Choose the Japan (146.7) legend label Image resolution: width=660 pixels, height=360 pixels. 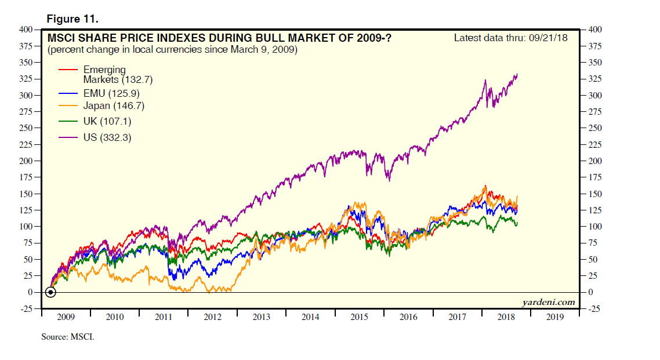pyautogui.click(x=114, y=106)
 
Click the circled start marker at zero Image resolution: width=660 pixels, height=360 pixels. pyautogui.click(x=50, y=292)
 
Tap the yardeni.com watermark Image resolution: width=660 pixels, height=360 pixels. pyautogui.click(x=547, y=302)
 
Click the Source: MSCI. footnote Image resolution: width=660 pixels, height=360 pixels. pyautogui.click(x=67, y=336)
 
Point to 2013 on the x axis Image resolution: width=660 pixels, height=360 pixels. pyautogui.click(x=262, y=318)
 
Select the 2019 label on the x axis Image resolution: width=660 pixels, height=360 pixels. pyautogui.click(x=556, y=318)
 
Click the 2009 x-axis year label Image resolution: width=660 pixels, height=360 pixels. pyautogui.click(x=66, y=318)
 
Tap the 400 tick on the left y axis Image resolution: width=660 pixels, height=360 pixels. pyautogui.click(x=26, y=30)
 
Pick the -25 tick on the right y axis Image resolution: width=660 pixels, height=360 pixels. pyautogui.click(x=596, y=309)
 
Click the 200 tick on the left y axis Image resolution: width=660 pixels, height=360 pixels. pyautogui.click(x=26, y=161)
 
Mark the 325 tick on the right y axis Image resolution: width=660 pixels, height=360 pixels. pyautogui.click(x=596, y=79)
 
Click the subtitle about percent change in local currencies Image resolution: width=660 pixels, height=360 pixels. pyautogui.click(x=172, y=50)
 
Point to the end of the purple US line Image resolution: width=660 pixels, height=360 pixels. pyautogui.click(x=517, y=74)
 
